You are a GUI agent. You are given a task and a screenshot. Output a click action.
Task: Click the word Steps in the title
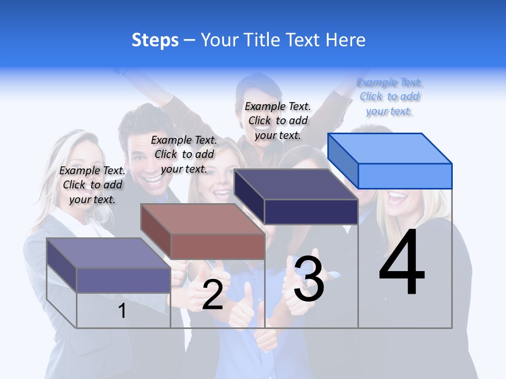click(155, 40)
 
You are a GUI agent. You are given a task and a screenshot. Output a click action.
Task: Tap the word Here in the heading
click(345, 40)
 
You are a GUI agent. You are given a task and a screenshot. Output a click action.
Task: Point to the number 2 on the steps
click(212, 295)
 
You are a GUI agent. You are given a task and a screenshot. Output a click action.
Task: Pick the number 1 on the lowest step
click(122, 311)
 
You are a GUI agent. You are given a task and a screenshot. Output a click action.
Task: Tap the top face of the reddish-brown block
click(202, 219)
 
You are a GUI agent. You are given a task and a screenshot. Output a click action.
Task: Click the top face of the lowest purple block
click(109, 253)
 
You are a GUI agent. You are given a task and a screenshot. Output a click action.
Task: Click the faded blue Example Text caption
click(390, 97)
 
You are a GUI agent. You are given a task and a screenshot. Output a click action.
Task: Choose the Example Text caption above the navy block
click(278, 121)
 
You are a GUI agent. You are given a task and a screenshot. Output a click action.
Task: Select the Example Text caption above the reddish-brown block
click(184, 154)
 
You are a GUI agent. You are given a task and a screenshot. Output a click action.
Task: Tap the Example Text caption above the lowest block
click(92, 185)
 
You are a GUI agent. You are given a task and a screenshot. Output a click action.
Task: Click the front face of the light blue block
click(405, 176)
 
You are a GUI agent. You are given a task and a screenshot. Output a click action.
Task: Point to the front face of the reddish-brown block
click(217, 246)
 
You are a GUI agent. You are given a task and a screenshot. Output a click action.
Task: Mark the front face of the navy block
click(311, 212)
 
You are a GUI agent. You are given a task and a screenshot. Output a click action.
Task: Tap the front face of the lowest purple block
click(123, 280)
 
